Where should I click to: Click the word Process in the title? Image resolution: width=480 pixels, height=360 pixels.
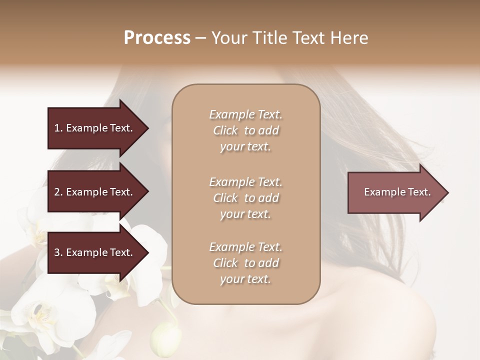pos(157,37)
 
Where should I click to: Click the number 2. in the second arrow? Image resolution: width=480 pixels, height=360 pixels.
pos(58,192)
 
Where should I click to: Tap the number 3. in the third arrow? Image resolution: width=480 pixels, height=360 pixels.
pos(58,252)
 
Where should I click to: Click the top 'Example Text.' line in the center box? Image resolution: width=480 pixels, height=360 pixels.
pos(245,114)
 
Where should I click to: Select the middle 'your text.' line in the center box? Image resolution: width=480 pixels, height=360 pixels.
pos(245,214)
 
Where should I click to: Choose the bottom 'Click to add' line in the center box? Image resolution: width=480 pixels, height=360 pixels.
pos(245,263)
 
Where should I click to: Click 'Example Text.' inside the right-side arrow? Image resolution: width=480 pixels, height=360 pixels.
pos(397,192)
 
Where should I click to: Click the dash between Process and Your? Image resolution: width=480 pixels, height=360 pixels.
pos(200,38)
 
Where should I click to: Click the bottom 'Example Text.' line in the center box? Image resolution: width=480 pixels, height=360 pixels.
pos(245,247)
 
